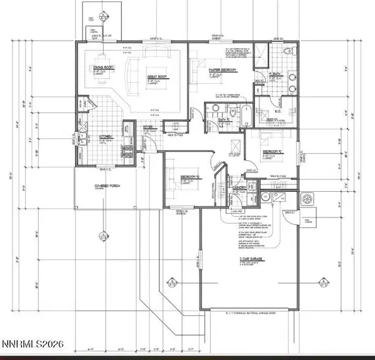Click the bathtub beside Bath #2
(246, 116)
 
